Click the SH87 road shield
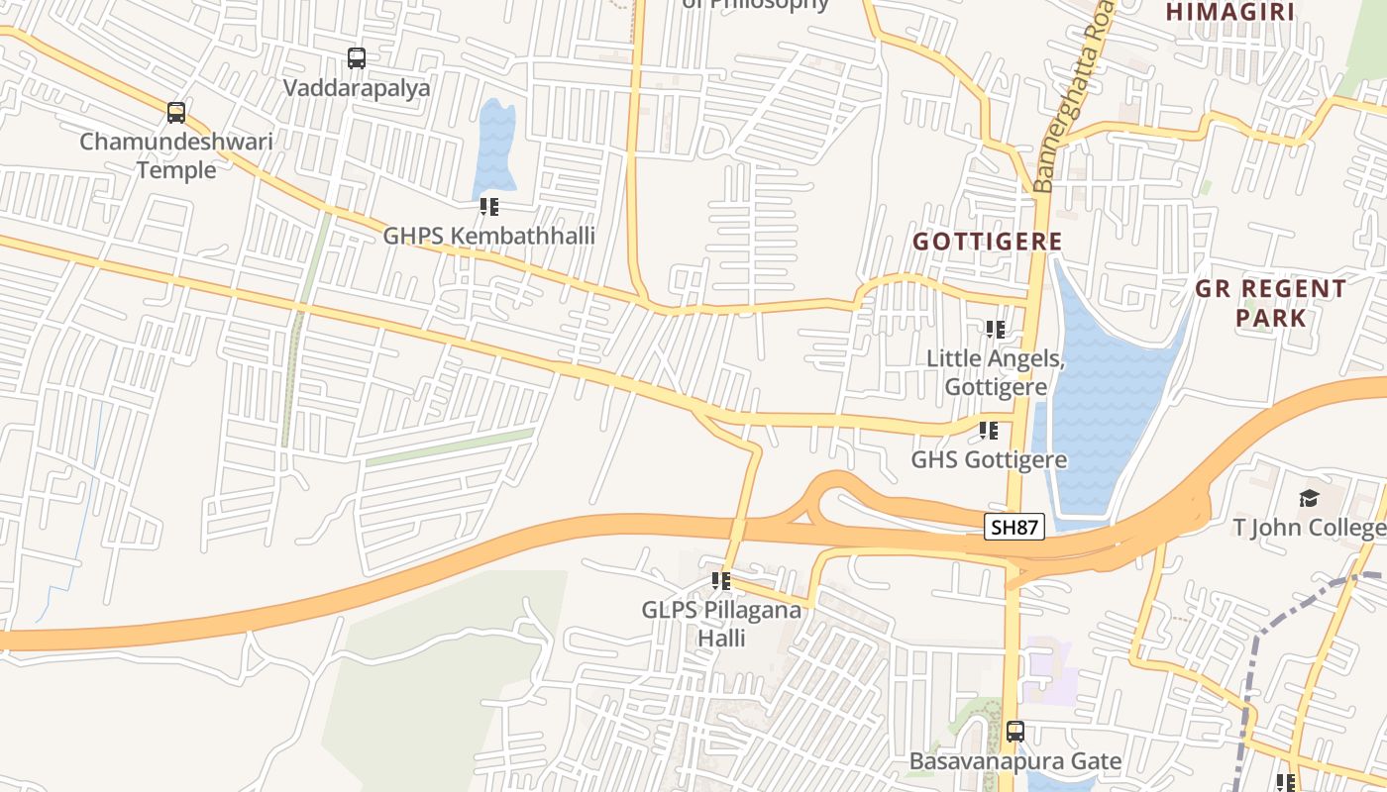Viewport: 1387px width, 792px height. pyautogui.click(x=1015, y=527)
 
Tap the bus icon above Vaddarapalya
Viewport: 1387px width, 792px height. pyautogui.click(x=357, y=58)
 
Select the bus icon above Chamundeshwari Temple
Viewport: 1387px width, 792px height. pyautogui.click(x=176, y=113)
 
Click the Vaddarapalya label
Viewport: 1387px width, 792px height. pyautogui.click(x=357, y=88)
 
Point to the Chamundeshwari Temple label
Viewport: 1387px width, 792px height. pyautogui.click(x=176, y=155)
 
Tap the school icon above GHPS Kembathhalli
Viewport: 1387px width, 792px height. pyautogui.click(x=488, y=207)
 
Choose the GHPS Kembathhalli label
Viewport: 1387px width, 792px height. pyautogui.click(x=488, y=236)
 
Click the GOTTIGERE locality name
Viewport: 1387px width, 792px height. pyautogui.click(x=987, y=242)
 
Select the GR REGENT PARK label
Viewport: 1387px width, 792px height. pyautogui.click(x=1270, y=303)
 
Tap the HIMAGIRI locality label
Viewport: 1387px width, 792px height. pyautogui.click(x=1230, y=12)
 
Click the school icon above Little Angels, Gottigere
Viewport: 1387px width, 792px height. pyautogui.click(x=995, y=330)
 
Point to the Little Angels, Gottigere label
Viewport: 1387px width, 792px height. pyautogui.click(x=995, y=372)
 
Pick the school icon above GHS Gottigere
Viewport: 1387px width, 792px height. pyautogui.click(x=988, y=431)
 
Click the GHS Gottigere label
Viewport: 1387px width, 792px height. pyautogui.click(x=989, y=459)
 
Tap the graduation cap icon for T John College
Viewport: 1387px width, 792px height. pyautogui.click(x=1309, y=498)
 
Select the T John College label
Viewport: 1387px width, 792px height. pyautogui.click(x=1309, y=528)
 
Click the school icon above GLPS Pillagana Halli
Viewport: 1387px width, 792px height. pyautogui.click(x=721, y=581)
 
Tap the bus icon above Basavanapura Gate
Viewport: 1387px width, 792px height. pyautogui.click(x=1015, y=733)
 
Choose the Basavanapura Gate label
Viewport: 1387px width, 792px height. pyautogui.click(x=1015, y=761)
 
